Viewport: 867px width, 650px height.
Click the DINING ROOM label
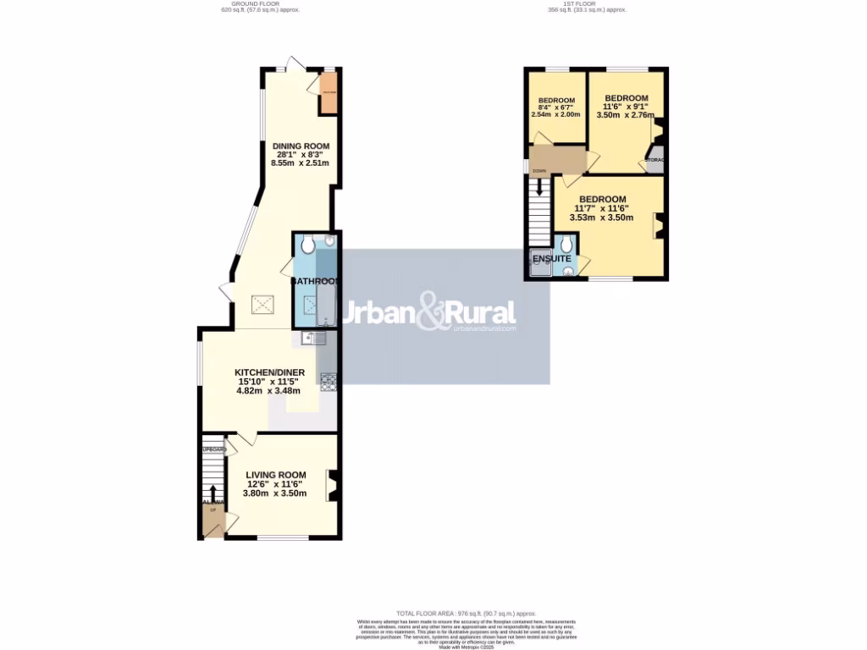point(301,146)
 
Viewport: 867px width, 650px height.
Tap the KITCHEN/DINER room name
point(269,372)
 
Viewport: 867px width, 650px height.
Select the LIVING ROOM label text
point(275,475)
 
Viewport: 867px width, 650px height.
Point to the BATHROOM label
point(316,281)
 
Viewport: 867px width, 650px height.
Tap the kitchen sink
point(313,339)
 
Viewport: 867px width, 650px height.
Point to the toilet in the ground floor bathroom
point(307,245)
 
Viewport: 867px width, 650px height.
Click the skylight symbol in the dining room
point(262,304)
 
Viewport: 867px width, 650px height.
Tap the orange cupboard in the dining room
point(329,96)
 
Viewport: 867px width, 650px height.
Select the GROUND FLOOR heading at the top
point(259,3)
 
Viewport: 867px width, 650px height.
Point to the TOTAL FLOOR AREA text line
point(467,612)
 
